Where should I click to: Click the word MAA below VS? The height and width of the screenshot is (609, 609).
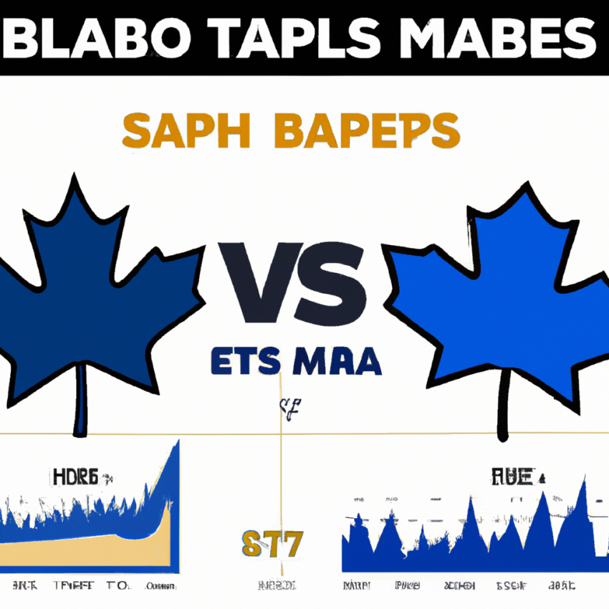(x=335, y=363)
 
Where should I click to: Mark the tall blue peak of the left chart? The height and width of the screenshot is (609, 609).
(x=172, y=473)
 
